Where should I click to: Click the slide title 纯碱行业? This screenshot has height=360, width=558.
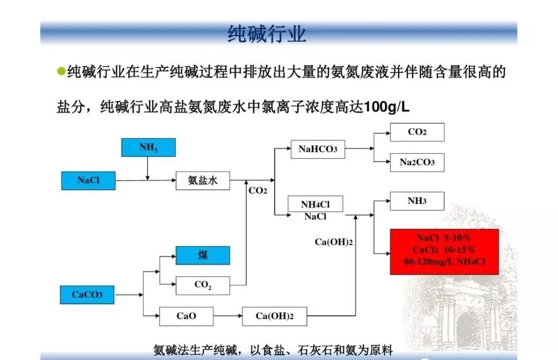[267, 34]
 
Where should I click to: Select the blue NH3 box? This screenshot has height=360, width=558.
[148, 148]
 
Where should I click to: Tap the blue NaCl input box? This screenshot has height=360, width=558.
[88, 180]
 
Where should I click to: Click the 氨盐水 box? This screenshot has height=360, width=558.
[203, 181]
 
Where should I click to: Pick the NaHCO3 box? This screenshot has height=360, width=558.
[318, 149]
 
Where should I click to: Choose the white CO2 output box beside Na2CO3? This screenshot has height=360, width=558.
[417, 132]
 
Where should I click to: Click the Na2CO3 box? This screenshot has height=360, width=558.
[417, 163]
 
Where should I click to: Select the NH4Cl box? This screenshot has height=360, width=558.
[315, 204]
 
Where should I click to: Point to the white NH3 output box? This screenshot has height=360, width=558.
[417, 201]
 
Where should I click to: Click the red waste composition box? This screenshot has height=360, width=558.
[444, 252]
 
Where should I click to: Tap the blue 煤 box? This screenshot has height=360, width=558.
[203, 255]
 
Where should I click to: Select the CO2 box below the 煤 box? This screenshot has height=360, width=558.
[203, 285]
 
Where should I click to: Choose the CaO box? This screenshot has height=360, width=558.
[186, 316]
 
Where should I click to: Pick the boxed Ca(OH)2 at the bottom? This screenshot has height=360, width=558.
[274, 316]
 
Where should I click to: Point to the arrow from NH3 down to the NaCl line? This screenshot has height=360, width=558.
[148, 168]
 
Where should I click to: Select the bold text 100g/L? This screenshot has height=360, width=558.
[386, 107]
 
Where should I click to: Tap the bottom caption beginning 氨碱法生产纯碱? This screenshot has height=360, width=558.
[273, 350]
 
